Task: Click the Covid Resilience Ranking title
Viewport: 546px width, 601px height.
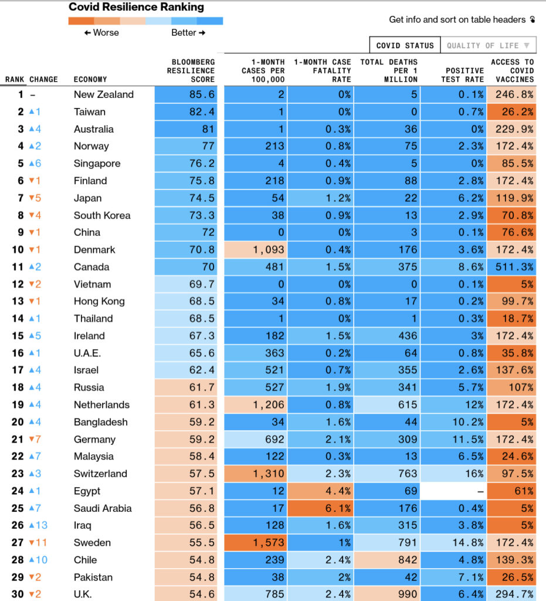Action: tap(136, 8)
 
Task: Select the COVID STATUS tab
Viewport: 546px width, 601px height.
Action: tap(405, 45)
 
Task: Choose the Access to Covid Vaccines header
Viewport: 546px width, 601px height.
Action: tap(512, 70)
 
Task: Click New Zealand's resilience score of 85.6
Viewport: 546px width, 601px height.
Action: tap(202, 94)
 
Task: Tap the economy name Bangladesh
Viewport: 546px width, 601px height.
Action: tap(100, 422)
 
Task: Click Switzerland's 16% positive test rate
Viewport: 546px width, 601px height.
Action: tap(472, 474)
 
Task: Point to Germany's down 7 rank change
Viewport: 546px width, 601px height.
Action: tap(35, 440)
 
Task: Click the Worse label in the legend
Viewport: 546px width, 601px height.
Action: tap(101, 33)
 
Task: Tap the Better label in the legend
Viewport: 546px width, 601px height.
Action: tap(188, 33)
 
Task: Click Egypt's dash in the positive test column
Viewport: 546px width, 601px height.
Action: tap(480, 491)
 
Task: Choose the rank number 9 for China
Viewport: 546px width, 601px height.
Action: tap(21, 232)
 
